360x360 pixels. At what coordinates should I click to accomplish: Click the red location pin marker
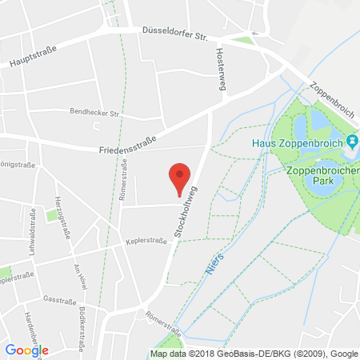(181, 177)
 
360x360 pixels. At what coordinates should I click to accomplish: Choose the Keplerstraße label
(146, 240)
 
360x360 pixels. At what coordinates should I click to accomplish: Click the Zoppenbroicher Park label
(322, 176)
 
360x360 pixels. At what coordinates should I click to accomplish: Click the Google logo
(26, 350)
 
